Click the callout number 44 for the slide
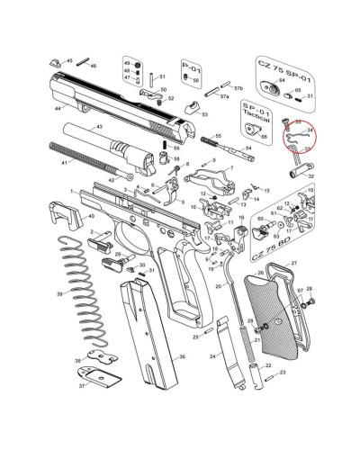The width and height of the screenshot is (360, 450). [x=57, y=108]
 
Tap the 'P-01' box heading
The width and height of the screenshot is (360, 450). [x=190, y=67]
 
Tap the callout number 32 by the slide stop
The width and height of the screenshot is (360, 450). [x=311, y=176]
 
